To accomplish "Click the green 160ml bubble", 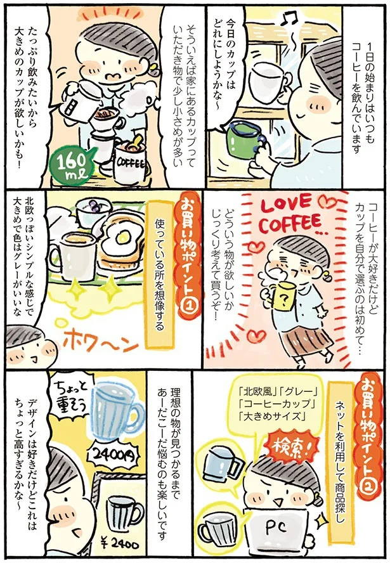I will pos(70,167).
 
